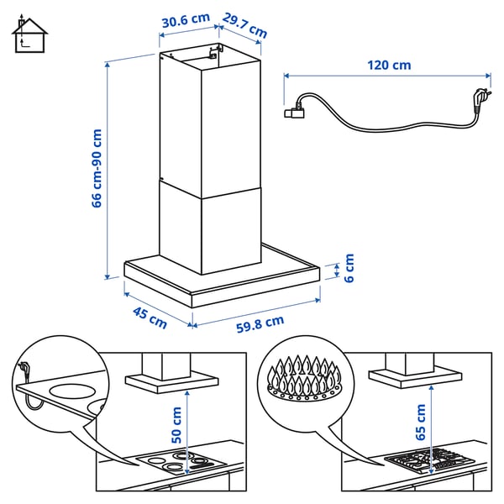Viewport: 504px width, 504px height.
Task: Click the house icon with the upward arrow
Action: [29, 34]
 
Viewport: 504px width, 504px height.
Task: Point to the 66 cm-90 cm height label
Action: [97, 168]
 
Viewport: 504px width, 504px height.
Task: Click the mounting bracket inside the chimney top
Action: [210, 52]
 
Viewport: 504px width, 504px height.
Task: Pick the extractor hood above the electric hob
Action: [171, 376]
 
